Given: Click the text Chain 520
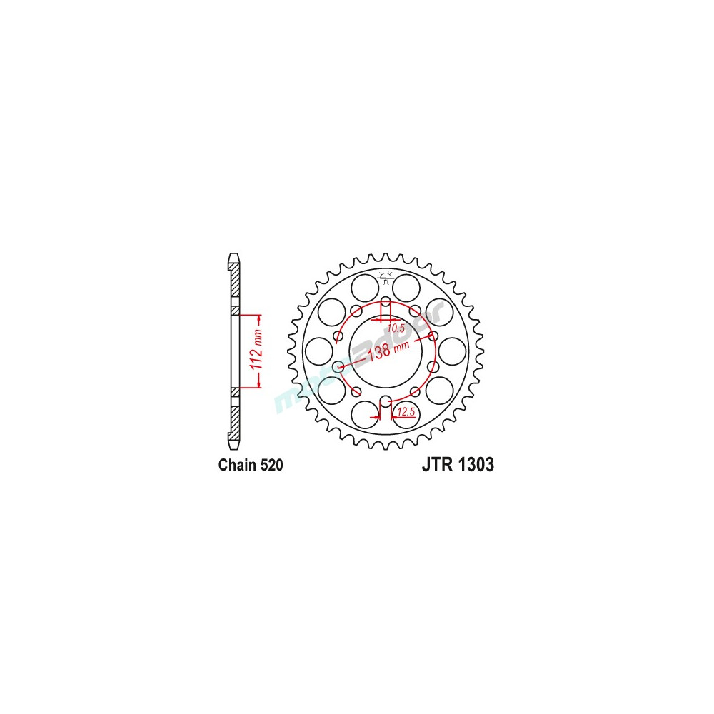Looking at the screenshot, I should coord(251,466).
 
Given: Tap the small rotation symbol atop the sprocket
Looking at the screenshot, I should coord(386,276).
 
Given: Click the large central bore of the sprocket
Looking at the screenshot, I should coord(386,351).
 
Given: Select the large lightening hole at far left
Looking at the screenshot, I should coord(318,351).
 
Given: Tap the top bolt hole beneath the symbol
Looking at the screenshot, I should coord(386,301).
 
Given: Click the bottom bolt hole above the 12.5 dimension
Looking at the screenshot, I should coord(386,401).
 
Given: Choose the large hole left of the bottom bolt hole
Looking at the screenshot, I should coord(366,413).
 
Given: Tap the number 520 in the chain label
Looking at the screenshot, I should coord(271,466).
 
